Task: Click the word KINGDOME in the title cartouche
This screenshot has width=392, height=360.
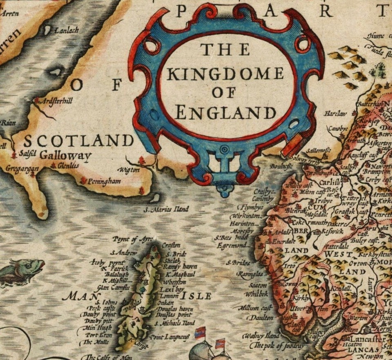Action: point(225,74)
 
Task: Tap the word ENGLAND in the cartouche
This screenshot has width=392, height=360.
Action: point(225,112)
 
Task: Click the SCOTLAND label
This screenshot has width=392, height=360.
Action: point(78,141)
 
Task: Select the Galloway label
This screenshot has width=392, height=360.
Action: point(65,155)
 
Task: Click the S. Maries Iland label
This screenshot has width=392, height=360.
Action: point(167,210)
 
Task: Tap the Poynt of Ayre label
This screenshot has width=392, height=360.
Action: point(133,239)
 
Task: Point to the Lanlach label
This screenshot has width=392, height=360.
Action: point(67,31)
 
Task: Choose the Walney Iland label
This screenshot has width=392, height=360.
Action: point(262,336)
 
